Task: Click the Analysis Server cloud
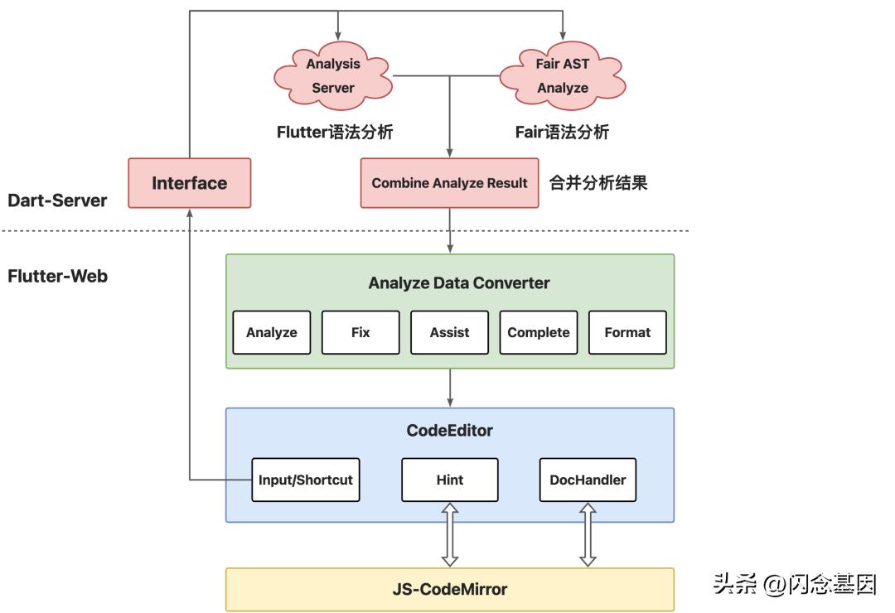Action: pos(333,75)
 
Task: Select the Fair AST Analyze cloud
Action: pos(563,75)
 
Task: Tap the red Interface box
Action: pos(189,183)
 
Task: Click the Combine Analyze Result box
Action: pos(449,183)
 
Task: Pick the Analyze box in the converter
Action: pos(271,332)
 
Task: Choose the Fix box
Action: pos(360,332)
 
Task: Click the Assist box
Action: pos(449,332)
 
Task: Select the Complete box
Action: pos(539,332)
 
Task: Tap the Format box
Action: pos(627,332)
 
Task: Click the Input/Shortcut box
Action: pos(306,480)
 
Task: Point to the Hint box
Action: pos(449,480)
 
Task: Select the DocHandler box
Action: pos(588,480)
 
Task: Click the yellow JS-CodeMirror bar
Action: pos(449,590)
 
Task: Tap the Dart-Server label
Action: pos(57,200)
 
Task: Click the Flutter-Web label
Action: pos(57,276)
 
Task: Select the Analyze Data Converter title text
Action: pos(458,282)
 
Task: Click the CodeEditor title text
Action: pos(449,430)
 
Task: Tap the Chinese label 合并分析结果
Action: pos(598,183)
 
